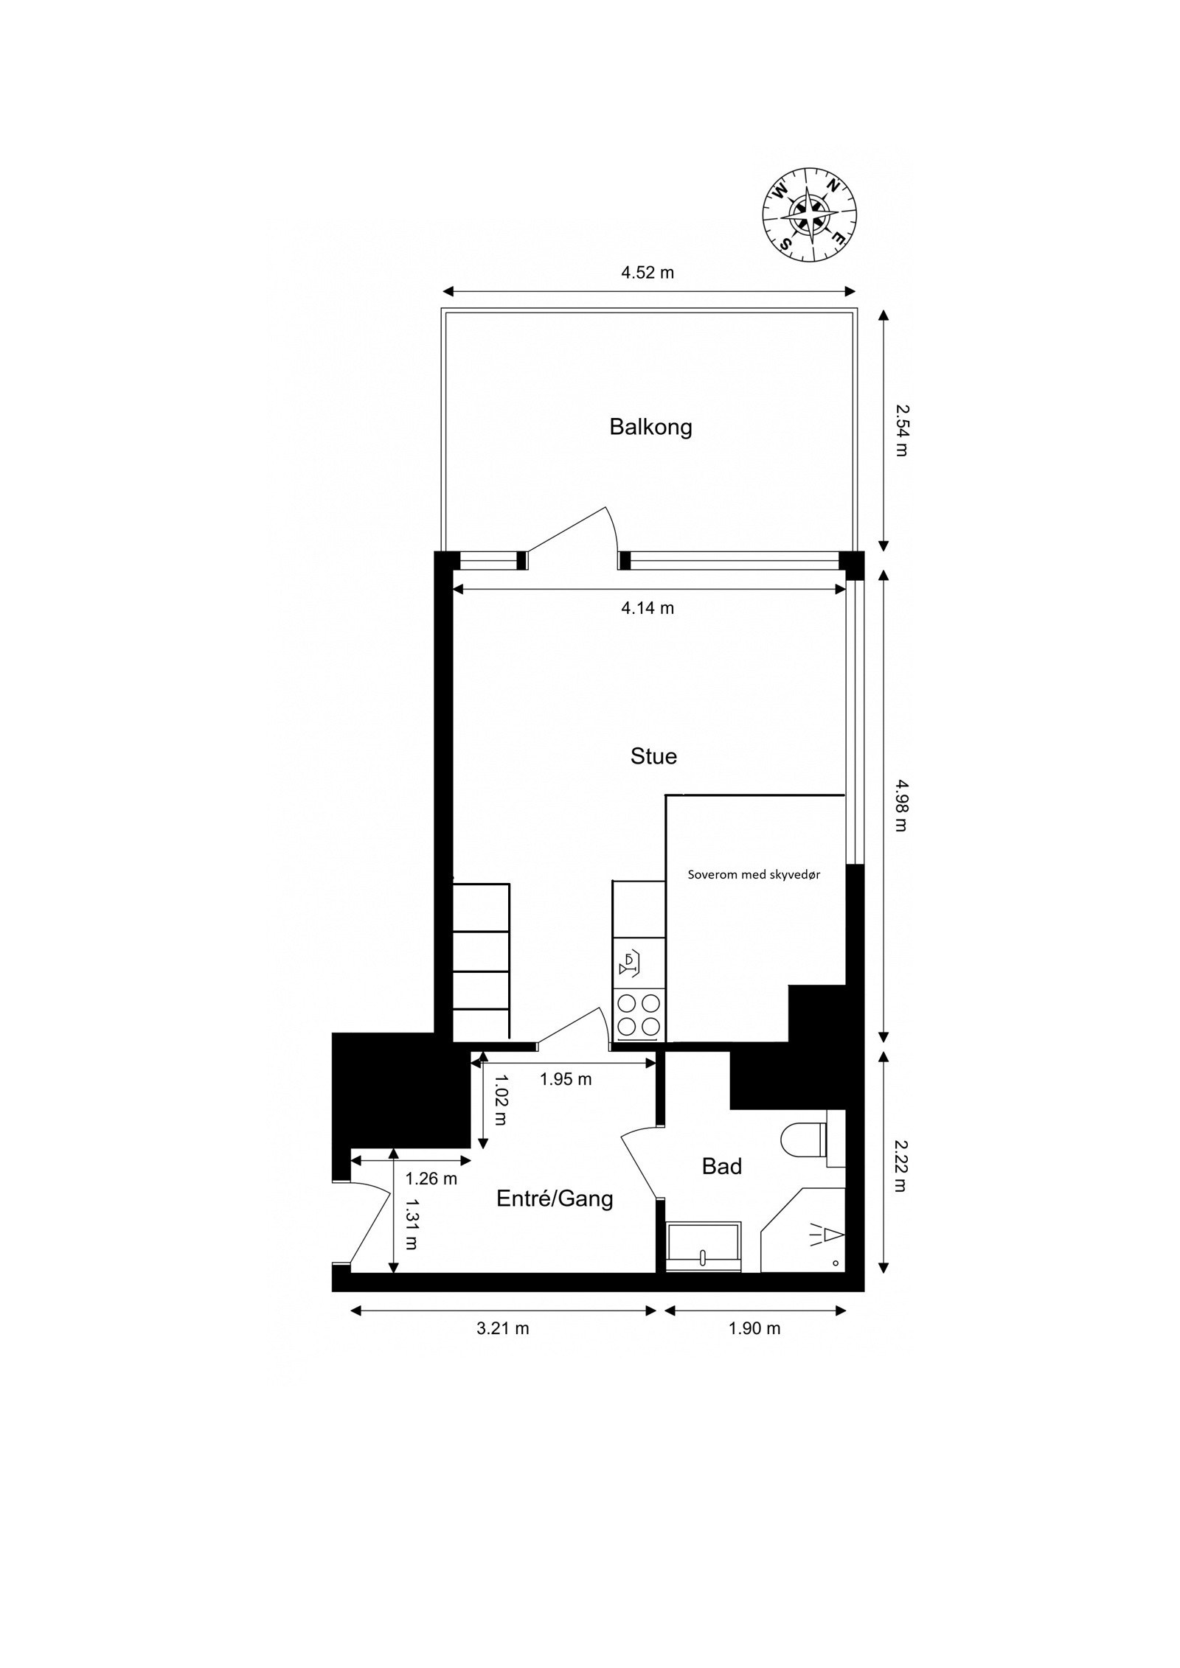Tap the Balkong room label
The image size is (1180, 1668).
click(x=650, y=427)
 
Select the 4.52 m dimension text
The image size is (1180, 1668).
click(x=647, y=273)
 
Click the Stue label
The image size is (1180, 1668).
click(x=653, y=756)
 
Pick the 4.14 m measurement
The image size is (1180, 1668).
click(x=647, y=608)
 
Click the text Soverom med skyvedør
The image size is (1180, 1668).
click(x=754, y=875)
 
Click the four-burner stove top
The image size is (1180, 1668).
click(x=639, y=1015)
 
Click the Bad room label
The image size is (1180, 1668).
click(x=721, y=1166)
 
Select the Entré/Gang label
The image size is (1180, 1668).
click(x=555, y=1199)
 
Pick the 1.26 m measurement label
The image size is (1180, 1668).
click(x=431, y=1179)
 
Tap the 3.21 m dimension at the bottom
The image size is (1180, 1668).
click(x=502, y=1328)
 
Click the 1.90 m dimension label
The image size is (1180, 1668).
click(x=754, y=1328)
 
